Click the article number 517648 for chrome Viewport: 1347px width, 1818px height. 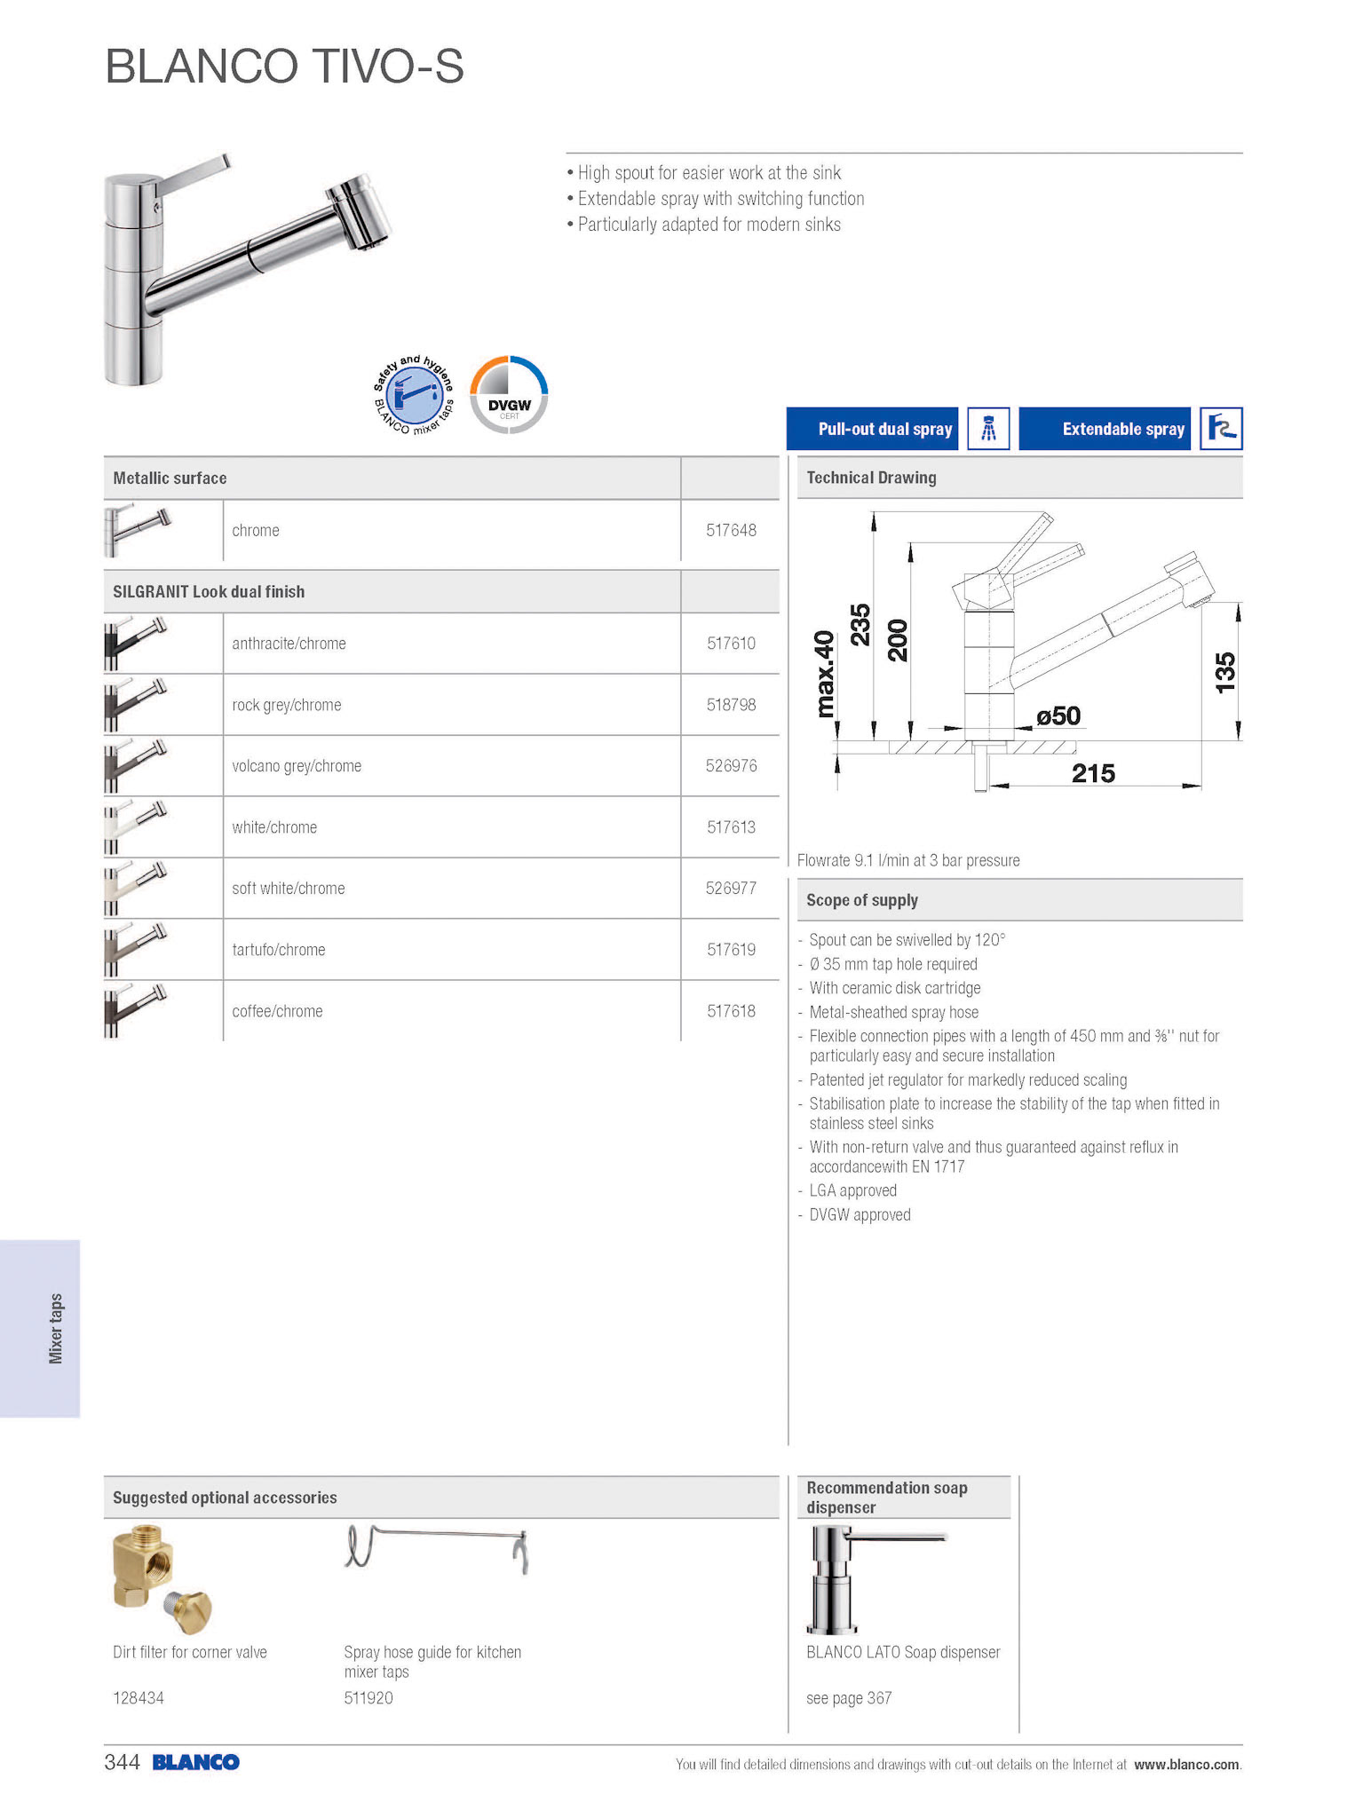pyautogui.click(x=731, y=531)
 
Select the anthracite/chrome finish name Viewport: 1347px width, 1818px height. pyautogui.click(x=289, y=644)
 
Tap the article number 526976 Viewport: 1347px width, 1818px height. pyautogui.click(x=731, y=766)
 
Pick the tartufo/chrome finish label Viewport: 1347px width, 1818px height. pyautogui.click(x=278, y=950)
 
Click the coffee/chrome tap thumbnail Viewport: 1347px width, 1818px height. pyautogui.click(x=136, y=1010)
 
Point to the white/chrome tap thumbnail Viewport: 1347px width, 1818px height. pyautogui.click(x=136, y=826)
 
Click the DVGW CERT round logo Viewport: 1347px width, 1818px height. pyautogui.click(x=509, y=395)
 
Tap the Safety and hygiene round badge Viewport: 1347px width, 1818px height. pyautogui.click(x=414, y=396)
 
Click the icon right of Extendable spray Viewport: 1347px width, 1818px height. pyautogui.click(x=1221, y=430)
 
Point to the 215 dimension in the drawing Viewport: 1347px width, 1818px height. pyautogui.click(x=1093, y=773)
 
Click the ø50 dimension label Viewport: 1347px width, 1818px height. pyautogui.click(x=1058, y=715)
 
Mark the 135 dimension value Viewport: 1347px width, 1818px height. pyautogui.click(x=1224, y=672)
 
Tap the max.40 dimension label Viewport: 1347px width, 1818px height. pyautogui.click(x=825, y=674)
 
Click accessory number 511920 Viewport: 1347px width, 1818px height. pyautogui.click(x=368, y=1698)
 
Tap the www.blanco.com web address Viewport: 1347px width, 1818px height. pyautogui.click(x=1186, y=1765)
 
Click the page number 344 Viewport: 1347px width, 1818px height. pyautogui.click(x=123, y=1762)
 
